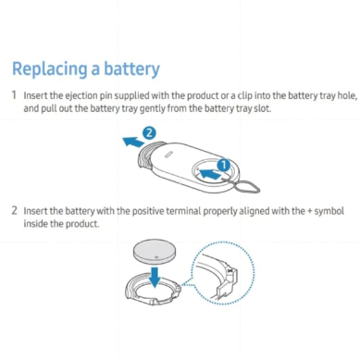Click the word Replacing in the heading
(49, 68)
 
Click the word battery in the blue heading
(131, 68)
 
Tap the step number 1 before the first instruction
(14, 95)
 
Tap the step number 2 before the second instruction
(15, 210)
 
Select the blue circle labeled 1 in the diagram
(224, 165)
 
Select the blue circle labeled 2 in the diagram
(149, 133)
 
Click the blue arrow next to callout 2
(133, 142)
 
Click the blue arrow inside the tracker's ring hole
(210, 174)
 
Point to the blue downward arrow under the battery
(155, 277)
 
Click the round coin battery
(155, 253)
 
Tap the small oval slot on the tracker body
(168, 155)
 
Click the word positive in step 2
(148, 211)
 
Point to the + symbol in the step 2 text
(310, 211)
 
